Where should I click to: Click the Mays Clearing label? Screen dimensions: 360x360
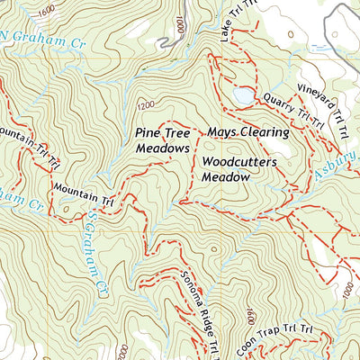tap(247, 132)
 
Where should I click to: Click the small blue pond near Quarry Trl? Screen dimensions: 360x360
tap(242, 94)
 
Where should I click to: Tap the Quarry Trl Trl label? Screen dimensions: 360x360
tap(293, 110)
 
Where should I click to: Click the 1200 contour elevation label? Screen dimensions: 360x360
tap(147, 104)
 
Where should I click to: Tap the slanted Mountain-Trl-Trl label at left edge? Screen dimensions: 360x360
tap(27, 147)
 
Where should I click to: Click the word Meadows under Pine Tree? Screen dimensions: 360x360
tap(163, 148)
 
